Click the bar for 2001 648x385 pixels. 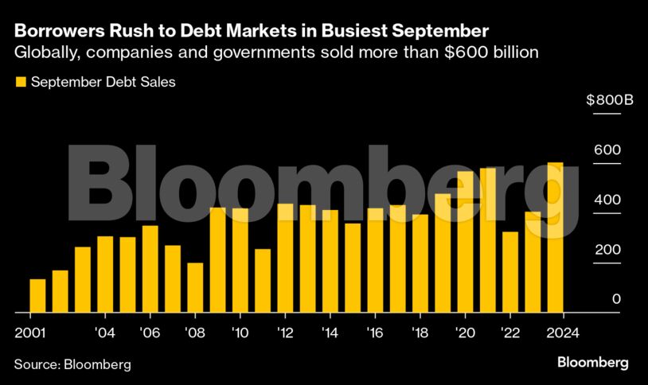pyautogui.click(x=37, y=296)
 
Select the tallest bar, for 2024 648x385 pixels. pyautogui.click(x=556, y=238)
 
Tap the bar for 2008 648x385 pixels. pyautogui.click(x=195, y=288)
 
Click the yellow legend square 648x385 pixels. pyautogui.click(x=21, y=81)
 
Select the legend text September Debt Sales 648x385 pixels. pyautogui.click(x=103, y=81)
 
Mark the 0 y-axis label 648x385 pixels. pyautogui.click(x=616, y=298)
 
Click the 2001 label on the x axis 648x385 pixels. pyautogui.click(x=29, y=332)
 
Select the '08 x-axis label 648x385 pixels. pyautogui.click(x=196, y=332)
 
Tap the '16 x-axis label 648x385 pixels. pyautogui.click(x=376, y=332)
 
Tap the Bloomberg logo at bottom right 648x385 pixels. pyautogui.click(x=592, y=363)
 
